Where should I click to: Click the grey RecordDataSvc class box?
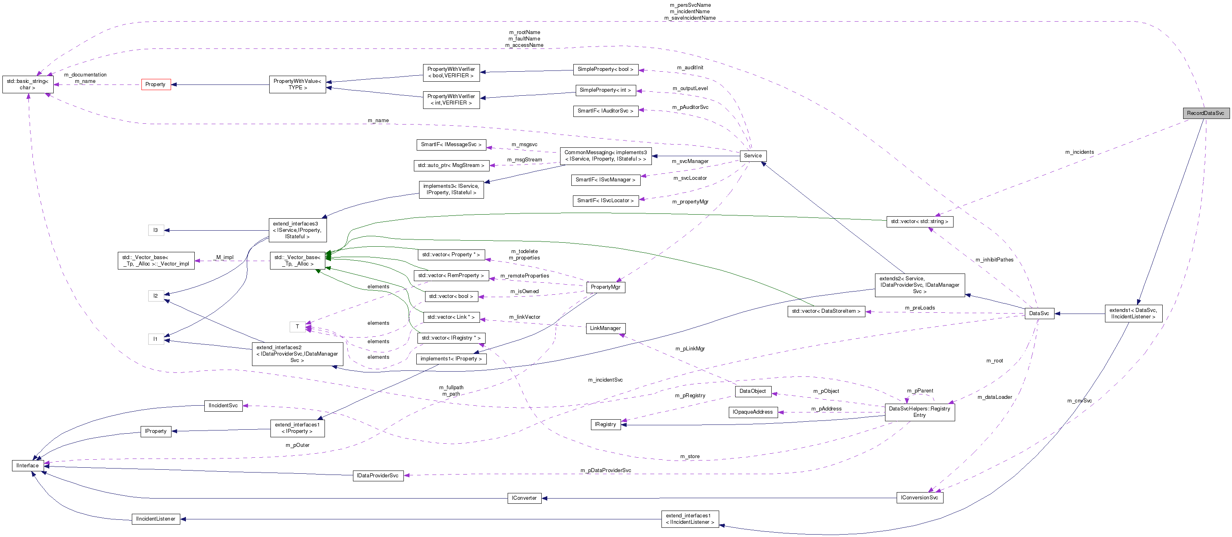pos(1205,113)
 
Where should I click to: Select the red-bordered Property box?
pos(155,84)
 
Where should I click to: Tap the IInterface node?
pos(27,465)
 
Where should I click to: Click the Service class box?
pos(752,155)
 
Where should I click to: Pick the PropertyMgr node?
pos(605,287)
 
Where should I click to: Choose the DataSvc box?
pos(1039,313)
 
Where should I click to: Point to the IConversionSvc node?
pos(919,497)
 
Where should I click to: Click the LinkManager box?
pos(605,328)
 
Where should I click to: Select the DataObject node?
pos(752,391)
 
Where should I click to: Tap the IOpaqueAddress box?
pos(752,412)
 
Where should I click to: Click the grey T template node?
pos(297,327)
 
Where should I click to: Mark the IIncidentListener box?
pos(155,519)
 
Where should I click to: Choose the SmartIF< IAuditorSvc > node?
pos(605,111)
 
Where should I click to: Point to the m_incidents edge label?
pos(1079,152)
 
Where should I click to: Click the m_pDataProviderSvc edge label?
pos(605,470)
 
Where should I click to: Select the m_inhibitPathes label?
pos(994,259)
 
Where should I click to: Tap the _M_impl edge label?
pos(224,257)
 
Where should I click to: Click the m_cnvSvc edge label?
pos(1079,401)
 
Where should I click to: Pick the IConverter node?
pos(524,498)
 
